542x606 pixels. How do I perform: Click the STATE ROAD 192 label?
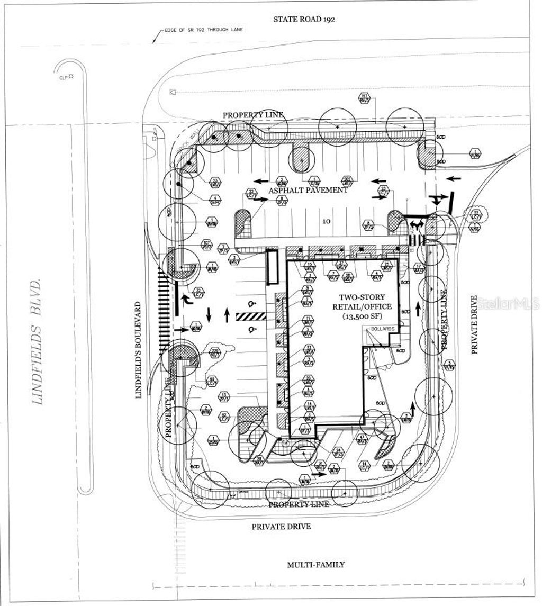(304, 19)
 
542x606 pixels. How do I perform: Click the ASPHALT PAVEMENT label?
(308, 189)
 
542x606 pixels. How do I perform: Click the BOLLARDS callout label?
(383, 329)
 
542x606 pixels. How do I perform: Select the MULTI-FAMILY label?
(315, 565)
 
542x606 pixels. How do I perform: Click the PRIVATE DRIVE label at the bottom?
(281, 527)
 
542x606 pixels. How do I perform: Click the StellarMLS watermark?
(508, 304)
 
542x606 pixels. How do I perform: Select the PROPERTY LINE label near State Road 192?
(253, 115)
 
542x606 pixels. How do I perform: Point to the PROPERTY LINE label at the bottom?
(299, 504)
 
